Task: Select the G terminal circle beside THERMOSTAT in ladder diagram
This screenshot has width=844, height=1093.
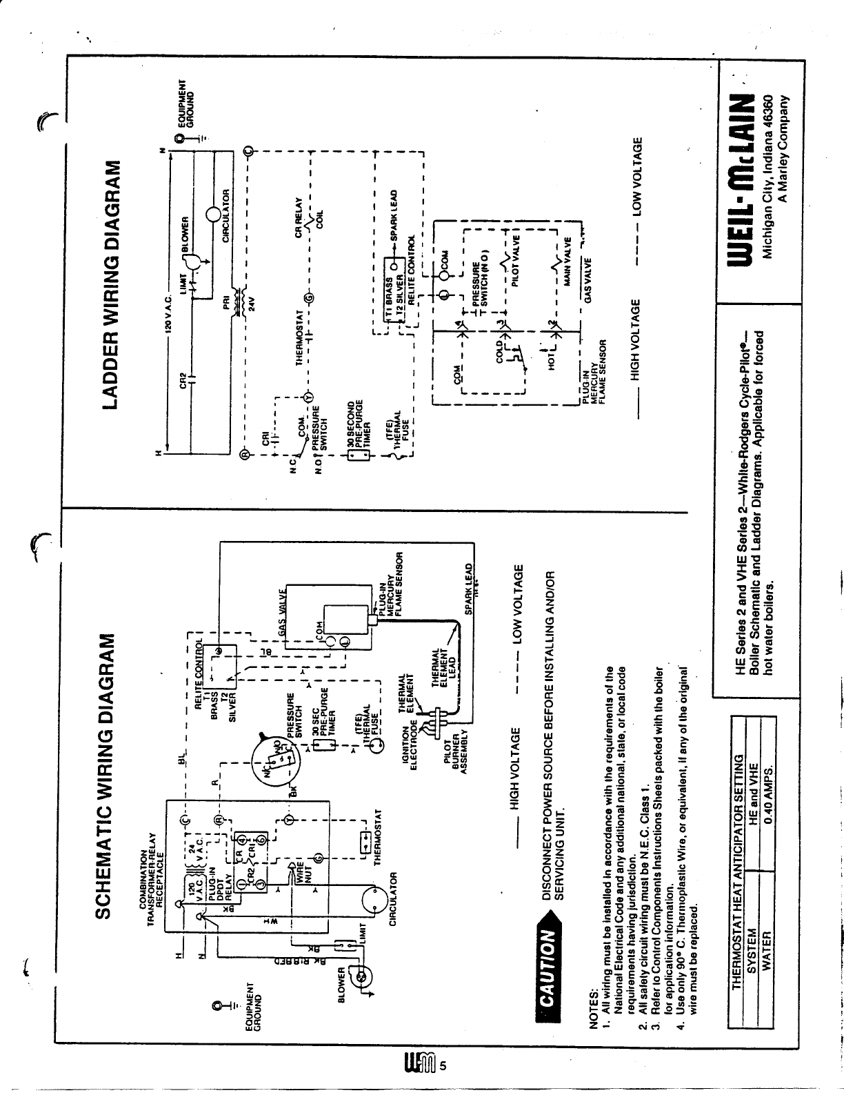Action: tap(308, 298)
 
